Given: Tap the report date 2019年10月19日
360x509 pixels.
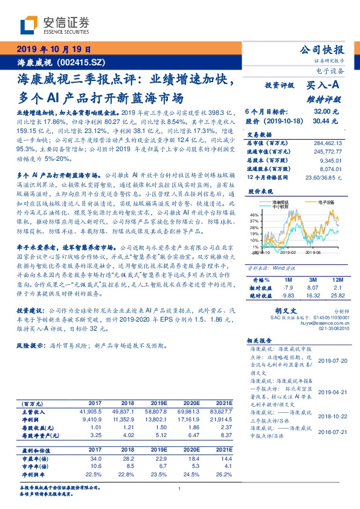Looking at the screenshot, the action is pyautogui.click(x=53, y=49).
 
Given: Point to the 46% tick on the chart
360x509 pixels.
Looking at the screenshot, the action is pyautogui.click(x=254, y=215).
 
